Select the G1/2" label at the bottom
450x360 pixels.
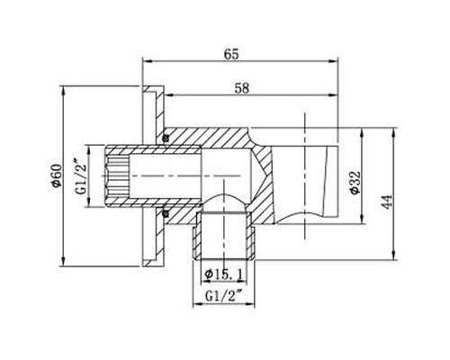(222, 294)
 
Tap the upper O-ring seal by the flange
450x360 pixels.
(166, 137)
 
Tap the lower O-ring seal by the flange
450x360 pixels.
(166, 213)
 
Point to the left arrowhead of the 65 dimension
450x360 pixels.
(147, 63)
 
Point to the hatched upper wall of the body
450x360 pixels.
(216, 136)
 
